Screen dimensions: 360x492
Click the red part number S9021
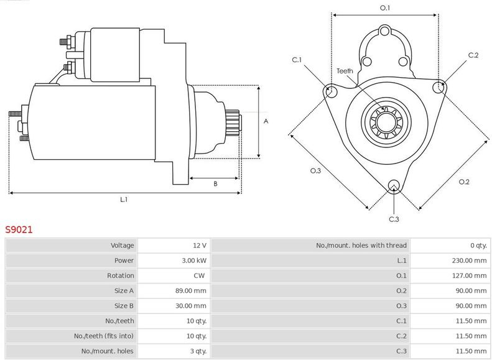19,229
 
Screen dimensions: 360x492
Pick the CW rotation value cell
199,275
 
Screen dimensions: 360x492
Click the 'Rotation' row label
121,275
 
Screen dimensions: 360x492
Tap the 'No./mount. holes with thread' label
361,246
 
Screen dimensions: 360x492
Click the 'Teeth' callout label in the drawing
345,71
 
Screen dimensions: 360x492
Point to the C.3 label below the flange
394,219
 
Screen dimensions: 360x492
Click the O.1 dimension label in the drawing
385,8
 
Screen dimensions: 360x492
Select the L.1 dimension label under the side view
124,200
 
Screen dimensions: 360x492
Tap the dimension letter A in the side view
266,121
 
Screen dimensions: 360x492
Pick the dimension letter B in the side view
215,183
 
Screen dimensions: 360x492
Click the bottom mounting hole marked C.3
393,185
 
